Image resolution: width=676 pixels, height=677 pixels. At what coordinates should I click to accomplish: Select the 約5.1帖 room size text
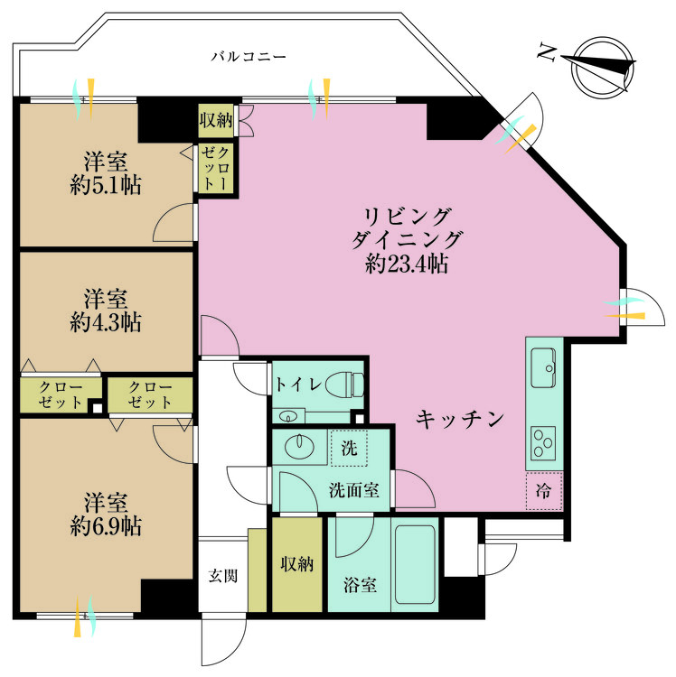[106, 186]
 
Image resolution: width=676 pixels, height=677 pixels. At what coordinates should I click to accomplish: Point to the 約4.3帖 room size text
[106, 322]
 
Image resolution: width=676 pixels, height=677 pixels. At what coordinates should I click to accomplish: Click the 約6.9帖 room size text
[106, 525]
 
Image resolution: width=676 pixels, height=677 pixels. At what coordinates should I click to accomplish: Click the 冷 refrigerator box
[545, 493]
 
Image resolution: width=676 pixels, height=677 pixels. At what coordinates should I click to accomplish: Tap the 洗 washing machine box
[348, 447]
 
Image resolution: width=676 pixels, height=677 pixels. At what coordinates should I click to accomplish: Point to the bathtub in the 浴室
[415, 567]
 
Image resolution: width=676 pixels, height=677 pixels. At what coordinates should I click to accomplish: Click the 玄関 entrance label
[223, 575]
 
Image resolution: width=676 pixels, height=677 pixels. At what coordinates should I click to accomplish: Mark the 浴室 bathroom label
[360, 585]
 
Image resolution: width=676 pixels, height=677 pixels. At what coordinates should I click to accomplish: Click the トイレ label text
[297, 384]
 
